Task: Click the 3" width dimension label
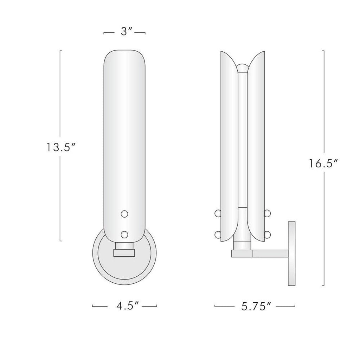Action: [125, 32]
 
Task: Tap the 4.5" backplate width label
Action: [124, 306]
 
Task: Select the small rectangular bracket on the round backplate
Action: [124, 252]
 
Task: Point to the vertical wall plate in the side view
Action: [291, 253]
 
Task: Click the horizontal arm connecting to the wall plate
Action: [270, 253]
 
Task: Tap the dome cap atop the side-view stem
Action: [242, 67]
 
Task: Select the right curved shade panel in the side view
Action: [256, 148]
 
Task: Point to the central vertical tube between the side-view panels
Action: [242, 141]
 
